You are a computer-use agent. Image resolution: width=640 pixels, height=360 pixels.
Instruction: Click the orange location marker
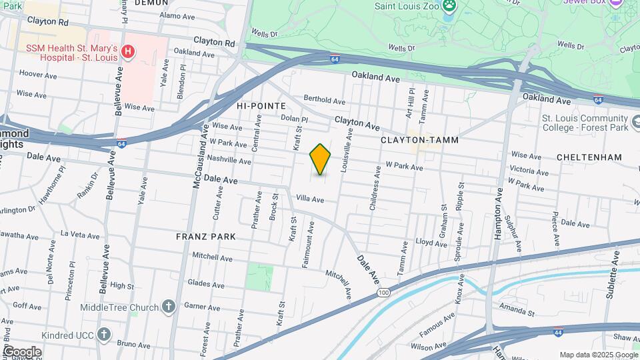click(x=321, y=159)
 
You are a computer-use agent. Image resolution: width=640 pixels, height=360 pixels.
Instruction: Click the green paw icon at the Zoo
click(x=452, y=5)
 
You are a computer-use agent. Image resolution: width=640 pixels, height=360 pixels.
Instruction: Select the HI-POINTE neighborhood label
click(x=261, y=106)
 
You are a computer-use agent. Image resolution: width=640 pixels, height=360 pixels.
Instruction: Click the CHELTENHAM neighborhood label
click(x=591, y=157)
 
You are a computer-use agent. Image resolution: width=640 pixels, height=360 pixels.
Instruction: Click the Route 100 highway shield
click(x=383, y=293)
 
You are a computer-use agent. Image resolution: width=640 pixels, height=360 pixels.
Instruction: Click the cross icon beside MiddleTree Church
click(x=169, y=307)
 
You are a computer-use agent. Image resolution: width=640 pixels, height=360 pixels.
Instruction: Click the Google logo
click(x=22, y=351)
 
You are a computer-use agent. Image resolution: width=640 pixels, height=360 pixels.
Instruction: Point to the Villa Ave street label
click(x=310, y=199)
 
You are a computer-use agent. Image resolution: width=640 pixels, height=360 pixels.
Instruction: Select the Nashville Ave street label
click(x=229, y=161)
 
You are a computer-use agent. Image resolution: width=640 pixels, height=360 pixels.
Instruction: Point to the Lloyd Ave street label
click(x=427, y=242)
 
